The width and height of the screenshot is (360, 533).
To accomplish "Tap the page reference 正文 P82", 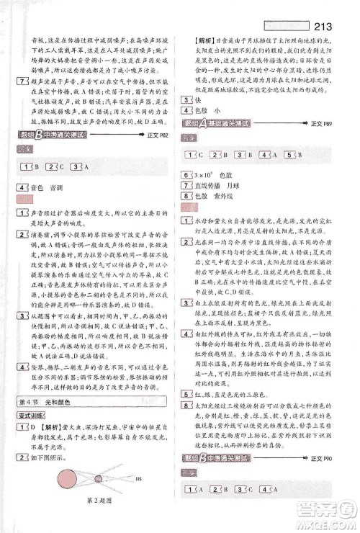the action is coord(161,138).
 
